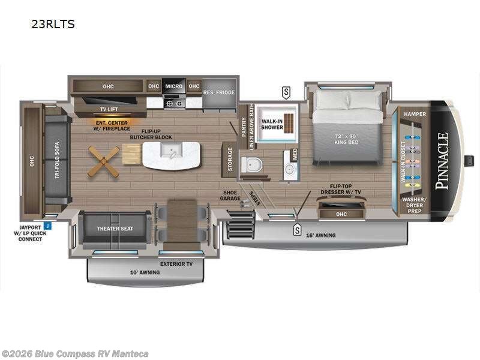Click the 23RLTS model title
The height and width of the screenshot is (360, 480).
[x=53, y=25]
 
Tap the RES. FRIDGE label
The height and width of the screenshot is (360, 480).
[x=219, y=92]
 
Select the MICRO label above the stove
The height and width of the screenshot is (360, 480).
[x=173, y=86]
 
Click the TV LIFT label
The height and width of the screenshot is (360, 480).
[x=109, y=109]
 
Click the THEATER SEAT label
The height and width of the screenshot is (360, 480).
[x=115, y=229]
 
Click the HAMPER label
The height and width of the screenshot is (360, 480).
[x=415, y=113]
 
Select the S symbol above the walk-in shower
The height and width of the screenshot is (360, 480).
[x=286, y=92]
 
